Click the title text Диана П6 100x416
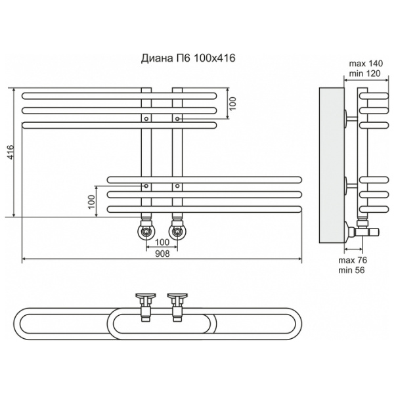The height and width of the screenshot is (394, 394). point(188,58)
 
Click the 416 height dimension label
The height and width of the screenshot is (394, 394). point(11,152)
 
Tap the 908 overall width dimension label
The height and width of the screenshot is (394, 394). point(162,253)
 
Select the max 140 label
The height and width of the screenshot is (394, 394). point(366,64)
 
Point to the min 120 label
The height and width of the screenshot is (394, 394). point(365,74)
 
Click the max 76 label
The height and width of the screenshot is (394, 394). point(353,260)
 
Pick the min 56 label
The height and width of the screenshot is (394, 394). point(351,271)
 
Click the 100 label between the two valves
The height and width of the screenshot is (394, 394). point(162,242)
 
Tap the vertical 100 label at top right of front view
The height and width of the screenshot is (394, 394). point(233,103)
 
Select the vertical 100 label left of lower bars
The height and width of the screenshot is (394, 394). point(92,202)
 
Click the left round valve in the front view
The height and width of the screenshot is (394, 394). point(146,231)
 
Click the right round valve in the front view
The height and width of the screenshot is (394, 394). point(177,231)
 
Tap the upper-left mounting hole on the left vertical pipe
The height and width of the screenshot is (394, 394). point(146,118)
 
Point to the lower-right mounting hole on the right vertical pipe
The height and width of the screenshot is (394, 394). point(177,186)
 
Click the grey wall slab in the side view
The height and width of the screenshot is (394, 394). point(332,165)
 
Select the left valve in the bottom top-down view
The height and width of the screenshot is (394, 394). point(146,307)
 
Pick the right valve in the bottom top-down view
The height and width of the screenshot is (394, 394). point(177,307)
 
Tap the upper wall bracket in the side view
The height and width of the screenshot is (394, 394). point(350,118)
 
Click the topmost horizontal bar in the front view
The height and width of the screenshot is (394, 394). point(119,96)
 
